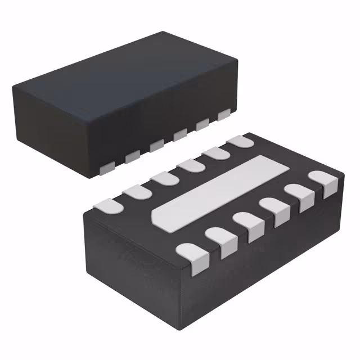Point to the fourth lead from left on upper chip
(180, 134)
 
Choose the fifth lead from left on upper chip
(202, 124)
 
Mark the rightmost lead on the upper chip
(224, 115)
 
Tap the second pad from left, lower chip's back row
(138, 192)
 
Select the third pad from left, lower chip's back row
(164, 178)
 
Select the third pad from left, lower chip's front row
(248, 224)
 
